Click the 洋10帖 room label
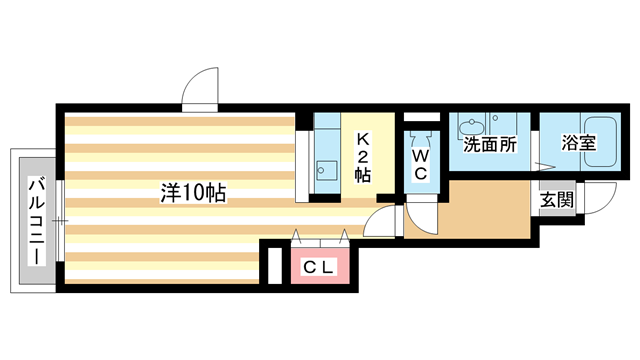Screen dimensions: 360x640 tap(193, 193)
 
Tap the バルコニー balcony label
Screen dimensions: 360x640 tap(35, 221)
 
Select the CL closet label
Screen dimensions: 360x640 tap(320, 267)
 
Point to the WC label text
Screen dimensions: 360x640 tap(420, 164)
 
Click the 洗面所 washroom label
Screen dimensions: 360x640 tap(489, 143)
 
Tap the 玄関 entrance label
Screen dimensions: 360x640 tap(557, 199)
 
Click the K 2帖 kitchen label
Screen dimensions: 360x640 tap(362, 157)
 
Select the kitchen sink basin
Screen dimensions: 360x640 tap(325, 168)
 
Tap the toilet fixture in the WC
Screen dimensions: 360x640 tap(420, 136)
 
